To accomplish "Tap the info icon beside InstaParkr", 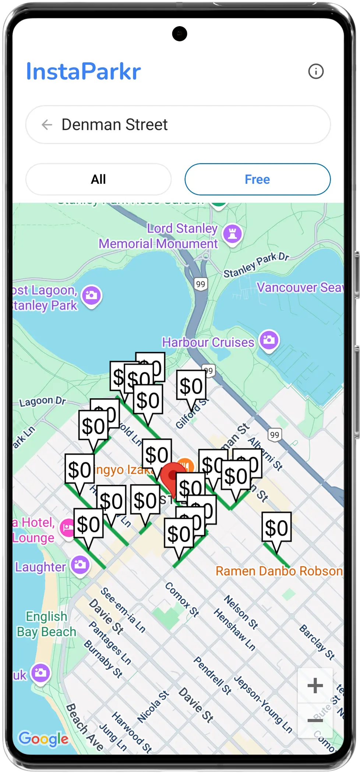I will click(x=316, y=71).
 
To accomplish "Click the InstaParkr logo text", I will click(x=83, y=71).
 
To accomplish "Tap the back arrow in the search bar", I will click(x=47, y=125).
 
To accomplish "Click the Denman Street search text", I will click(x=114, y=125).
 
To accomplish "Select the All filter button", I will click(x=98, y=179).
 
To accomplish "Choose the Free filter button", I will click(x=257, y=179).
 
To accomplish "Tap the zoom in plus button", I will click(x=315, y=685).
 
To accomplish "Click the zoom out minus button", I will click(x=315, y=720).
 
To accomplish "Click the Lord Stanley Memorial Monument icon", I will click(x=232, y=233).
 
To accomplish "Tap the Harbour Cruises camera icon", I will click(x=269, y=340).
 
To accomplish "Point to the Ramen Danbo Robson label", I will click(x=279, y=571).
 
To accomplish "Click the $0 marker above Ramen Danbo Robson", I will click(x=276, y=528).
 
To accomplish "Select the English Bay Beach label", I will click(x=46, y=624).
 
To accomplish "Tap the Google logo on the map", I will click(x=43, y=738).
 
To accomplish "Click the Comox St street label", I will click(x=182, y=599).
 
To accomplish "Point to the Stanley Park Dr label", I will click(x=256, y=265).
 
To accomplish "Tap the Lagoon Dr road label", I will click(x=42, y=401).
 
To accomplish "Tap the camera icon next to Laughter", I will click(x=80, y=565).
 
